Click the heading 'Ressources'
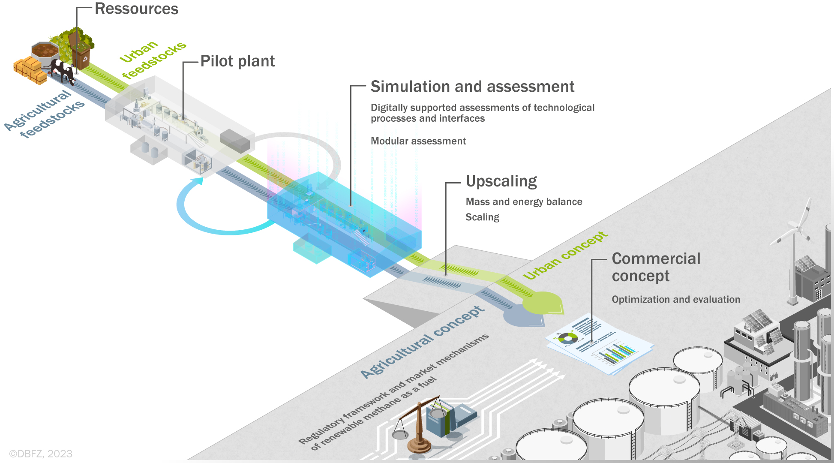136,9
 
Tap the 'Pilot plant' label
237,61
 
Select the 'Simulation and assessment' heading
472,87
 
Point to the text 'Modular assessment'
418,141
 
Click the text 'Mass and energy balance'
524,202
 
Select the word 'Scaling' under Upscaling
483,217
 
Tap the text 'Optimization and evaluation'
676,299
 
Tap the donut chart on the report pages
568,338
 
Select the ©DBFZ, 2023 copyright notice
41,454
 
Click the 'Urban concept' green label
565,256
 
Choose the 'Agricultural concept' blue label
423,342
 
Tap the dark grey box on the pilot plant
235,141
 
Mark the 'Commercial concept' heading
656,267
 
